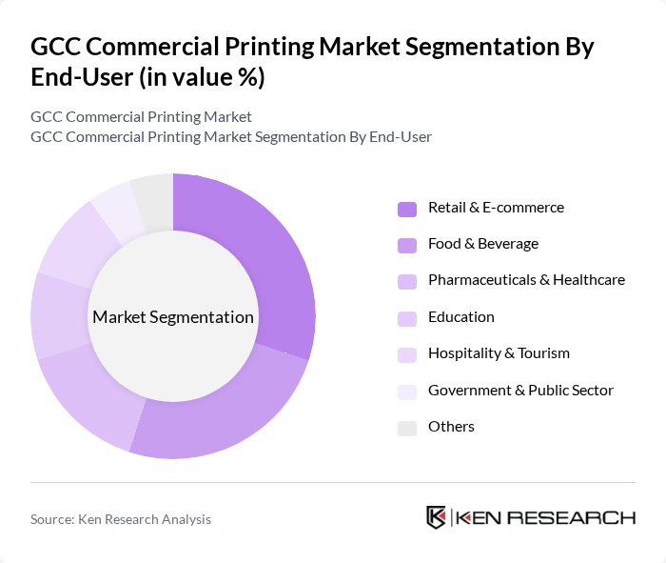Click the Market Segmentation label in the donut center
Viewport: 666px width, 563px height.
(173, 317)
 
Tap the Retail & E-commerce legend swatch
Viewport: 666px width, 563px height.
(407, 209)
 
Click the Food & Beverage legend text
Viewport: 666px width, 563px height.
(482, 244)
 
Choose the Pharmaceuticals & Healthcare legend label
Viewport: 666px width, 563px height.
(526, 280)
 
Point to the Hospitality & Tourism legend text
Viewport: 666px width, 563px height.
(499, 353)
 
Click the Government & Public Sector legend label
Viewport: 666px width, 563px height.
(520, 390)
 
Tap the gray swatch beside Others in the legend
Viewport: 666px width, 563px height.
(407, 428)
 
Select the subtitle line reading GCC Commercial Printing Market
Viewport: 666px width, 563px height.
(141, 117)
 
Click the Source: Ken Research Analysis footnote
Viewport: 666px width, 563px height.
(121, 519)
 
